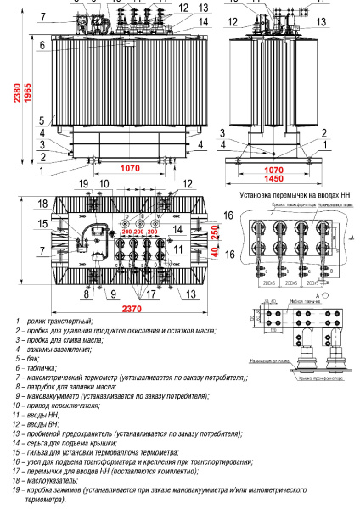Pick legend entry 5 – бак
(x=38, y=359)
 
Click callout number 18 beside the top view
(x=42, y=204)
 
